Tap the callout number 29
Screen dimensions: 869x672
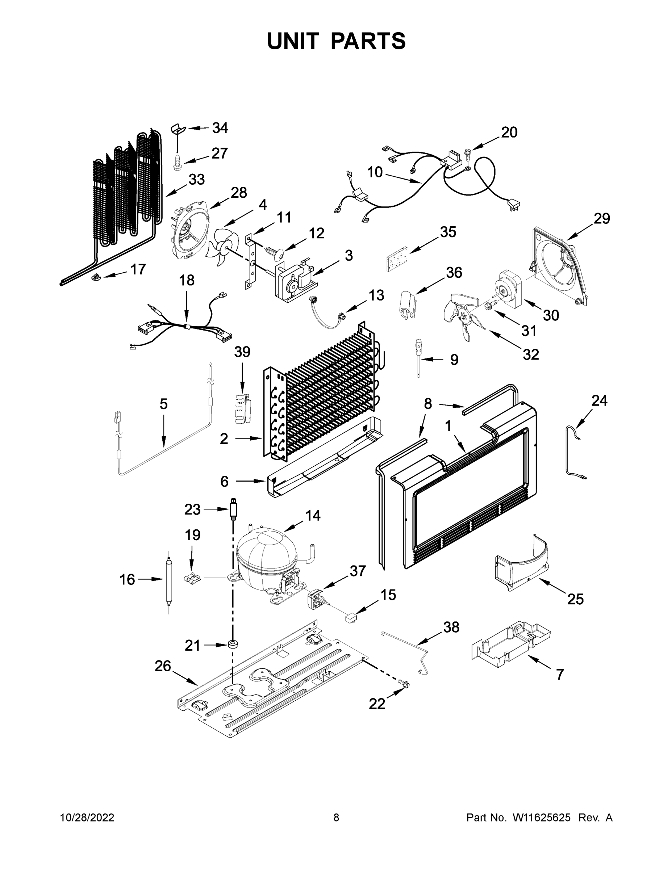click(601, 218)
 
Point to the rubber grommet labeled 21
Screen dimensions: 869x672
click(232, 644)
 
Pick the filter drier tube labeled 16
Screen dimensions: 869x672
click(169, 580)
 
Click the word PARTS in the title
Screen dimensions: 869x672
click(368, 41)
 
